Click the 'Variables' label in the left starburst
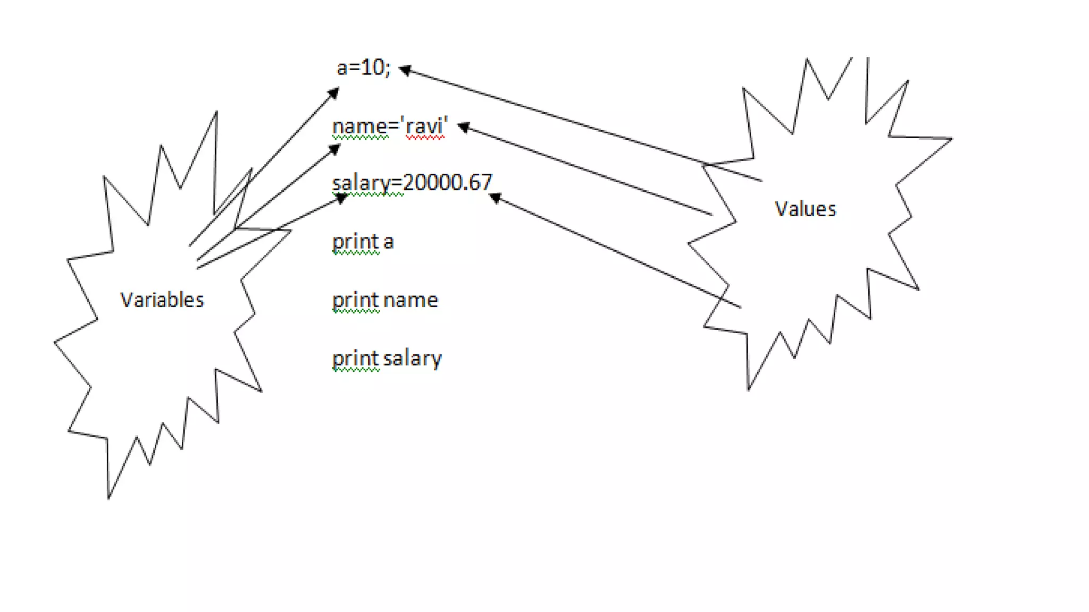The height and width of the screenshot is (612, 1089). [162, 300]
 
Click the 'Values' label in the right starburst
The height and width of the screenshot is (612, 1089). [805, 209]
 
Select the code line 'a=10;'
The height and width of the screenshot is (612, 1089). [364, 68]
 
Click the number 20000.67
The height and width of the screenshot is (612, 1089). [448, 183]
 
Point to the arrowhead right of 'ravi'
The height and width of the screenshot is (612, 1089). [464, 127]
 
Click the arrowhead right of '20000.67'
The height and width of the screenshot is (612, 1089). [495, 198]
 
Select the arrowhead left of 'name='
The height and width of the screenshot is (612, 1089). [334, 150]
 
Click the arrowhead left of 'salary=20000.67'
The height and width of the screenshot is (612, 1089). [341, 199]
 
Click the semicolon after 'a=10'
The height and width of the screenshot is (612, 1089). [388, 69]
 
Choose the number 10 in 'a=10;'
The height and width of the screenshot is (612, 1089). [372, 67]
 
